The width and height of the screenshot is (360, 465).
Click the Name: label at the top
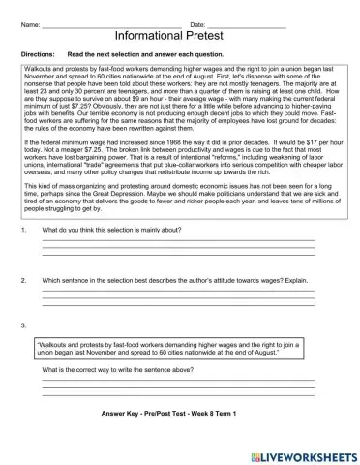tap(31, 22)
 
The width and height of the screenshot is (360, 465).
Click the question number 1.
tap(23, 230)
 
